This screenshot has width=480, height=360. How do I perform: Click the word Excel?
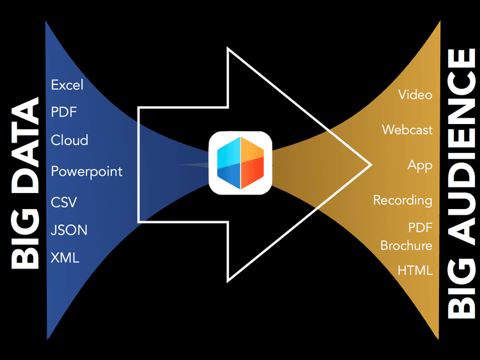pyautogui.click(x=67, y=84)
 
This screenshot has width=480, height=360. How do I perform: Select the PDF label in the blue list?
pyautogui.click(x=63, y=113)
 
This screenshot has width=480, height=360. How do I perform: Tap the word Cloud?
pyautogui.click(x=69, y=140)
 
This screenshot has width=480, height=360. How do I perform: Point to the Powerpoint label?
pyautogui.click(x=86, y=171)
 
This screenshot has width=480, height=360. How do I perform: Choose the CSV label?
pyautogui.click(x=64, y=202)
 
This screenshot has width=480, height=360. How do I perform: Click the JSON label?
pyautogui.click(x=69, y=230)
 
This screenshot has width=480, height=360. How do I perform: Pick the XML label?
pyautogui.click(x=65, y=258)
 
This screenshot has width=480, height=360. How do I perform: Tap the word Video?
pyautogui.click(x=415, y=95)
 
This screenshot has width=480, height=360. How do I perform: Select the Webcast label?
pyautogui.click(x=407, y=130)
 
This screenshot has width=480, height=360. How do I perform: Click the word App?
pyautogui.click(x=420, y=165)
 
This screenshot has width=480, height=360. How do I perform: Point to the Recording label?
pyautogui.click(x=403, y=200)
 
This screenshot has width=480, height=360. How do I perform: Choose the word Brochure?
pyautogui.click(x=406, y=246)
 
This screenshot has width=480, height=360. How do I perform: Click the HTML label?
pyautogui.click(x=415, y=270)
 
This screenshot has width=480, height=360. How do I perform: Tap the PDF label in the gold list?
pyautogui.click(x=420, y=228)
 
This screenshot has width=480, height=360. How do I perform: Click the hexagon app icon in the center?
pyautogui.click(x=241, y=162)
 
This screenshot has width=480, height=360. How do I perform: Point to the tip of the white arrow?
pyautogui.click(x=371, y=164)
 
